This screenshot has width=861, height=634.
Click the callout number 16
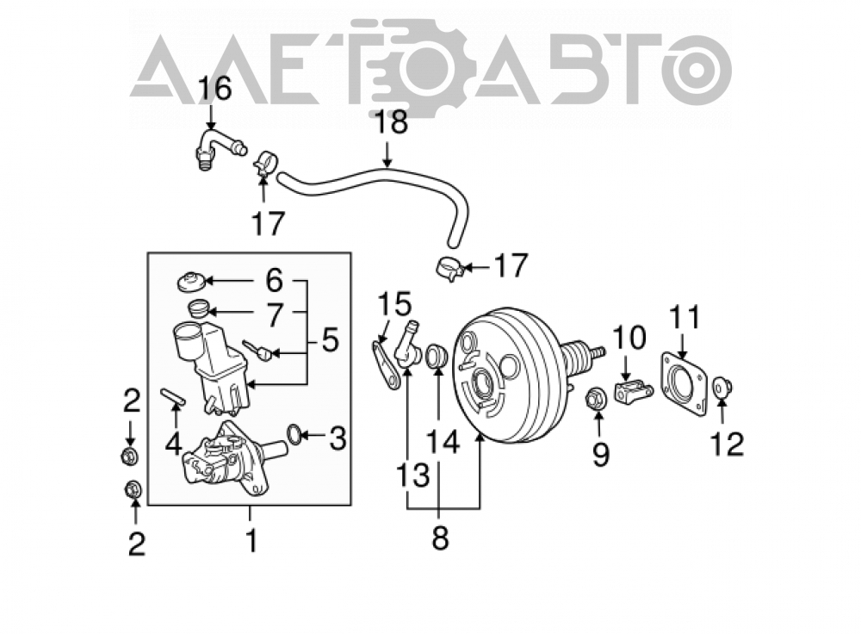tap(214, 89)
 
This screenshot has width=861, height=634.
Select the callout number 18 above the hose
tap(390, 122)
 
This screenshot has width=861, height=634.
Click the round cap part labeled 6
tap(191, 283)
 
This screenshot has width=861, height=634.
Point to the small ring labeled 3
tap(294, 435)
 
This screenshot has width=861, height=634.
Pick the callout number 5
tap(330, 340)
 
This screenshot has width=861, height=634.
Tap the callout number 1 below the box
tap(251, 542)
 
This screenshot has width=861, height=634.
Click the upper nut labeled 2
tap(130, 456)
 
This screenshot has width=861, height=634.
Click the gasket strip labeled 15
tap(386, 364)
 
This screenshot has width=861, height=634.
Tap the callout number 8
tap(440, 538)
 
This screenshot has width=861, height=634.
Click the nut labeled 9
tap(597, 398)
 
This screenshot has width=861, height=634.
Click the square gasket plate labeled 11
tap(684, 383)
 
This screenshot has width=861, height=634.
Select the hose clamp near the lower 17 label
tap(452, 269)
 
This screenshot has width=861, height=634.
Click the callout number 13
tap(413, 475)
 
